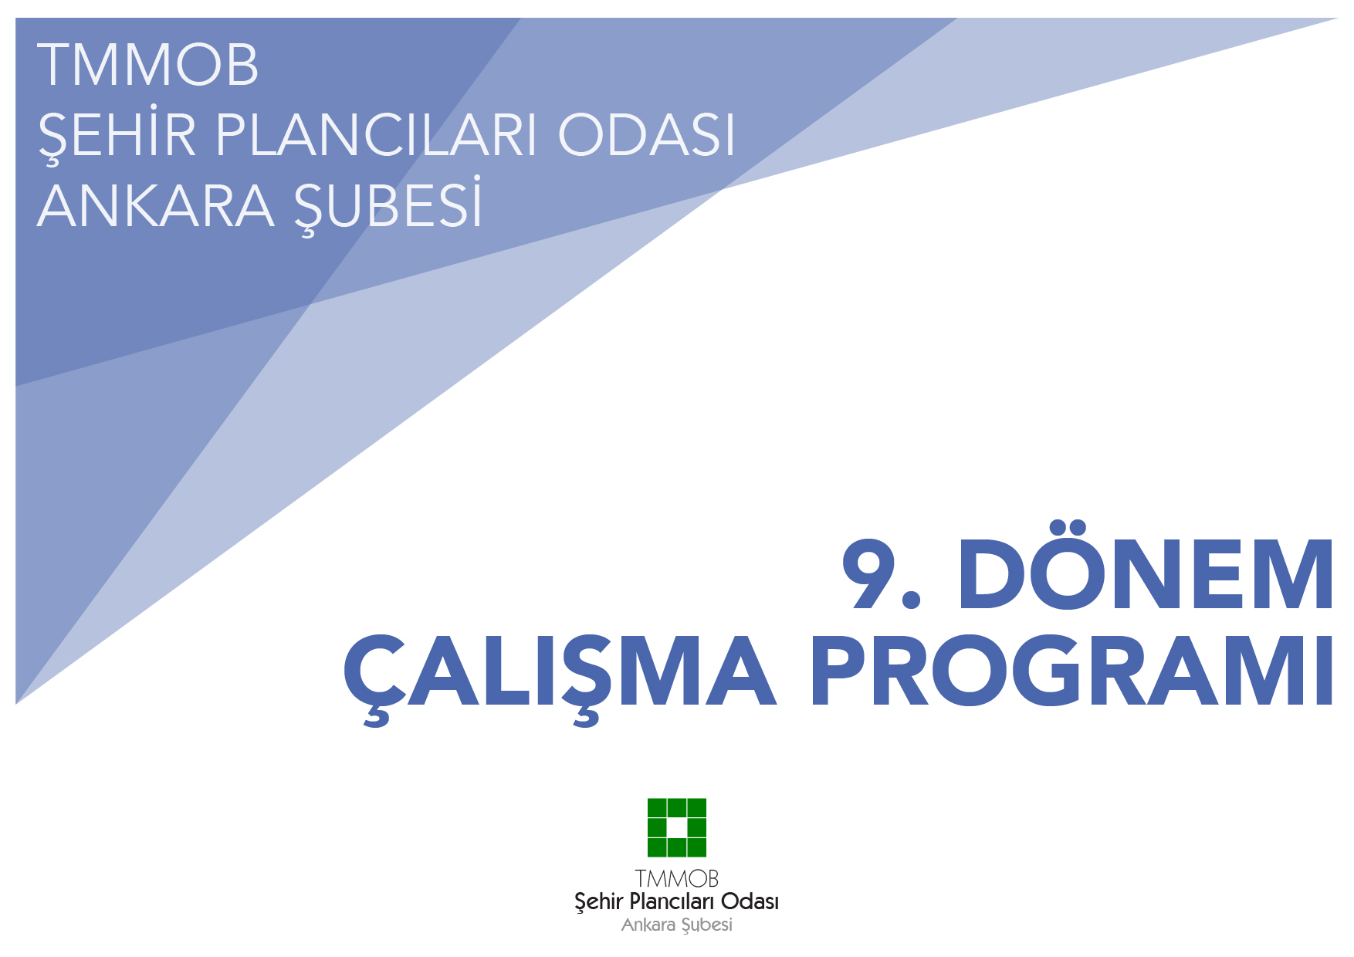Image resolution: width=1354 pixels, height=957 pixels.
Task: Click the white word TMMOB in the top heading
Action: point(147,65)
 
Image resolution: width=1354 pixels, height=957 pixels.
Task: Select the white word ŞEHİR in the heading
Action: point(117,135)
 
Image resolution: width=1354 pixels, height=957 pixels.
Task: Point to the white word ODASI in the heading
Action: point(647,135)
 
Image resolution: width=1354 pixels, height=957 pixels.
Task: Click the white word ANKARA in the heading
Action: point(155,207)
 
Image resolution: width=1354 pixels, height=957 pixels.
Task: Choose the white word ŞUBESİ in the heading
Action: point(388,207)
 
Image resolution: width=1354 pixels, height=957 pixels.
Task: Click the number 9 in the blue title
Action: point(872,574)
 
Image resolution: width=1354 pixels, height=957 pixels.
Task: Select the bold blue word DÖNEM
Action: point(1146,574)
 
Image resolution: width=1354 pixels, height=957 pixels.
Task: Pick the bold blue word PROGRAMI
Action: point(1071,671)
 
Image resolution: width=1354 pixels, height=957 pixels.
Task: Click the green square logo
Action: point(677,827)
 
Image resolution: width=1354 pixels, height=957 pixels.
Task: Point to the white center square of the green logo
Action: point(677,827)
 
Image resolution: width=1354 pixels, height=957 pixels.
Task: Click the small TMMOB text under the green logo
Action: point(677,878)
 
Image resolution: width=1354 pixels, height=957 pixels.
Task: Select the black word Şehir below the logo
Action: point(598,901)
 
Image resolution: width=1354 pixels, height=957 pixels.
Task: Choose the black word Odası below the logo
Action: point(750,901)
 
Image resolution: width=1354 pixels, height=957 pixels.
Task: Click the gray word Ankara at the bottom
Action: point(648,925)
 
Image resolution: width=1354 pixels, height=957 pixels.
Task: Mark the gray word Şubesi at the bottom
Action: point(707,925)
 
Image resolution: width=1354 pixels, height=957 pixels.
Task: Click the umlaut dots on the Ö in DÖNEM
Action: point(1068,529)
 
